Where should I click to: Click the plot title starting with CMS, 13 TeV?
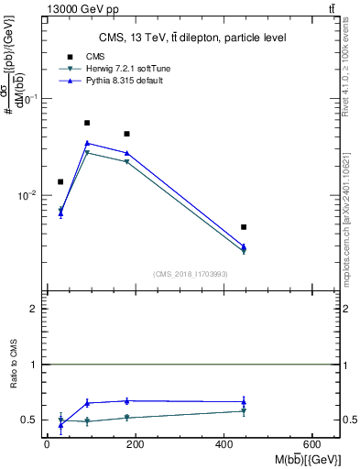192,38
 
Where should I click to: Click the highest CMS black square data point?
87,123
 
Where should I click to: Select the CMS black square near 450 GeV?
244,226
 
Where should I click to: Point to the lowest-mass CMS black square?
60,181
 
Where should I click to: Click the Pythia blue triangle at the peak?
87,143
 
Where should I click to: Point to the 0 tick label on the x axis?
47,445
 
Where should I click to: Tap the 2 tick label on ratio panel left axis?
32,309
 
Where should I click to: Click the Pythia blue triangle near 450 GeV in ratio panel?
244,401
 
